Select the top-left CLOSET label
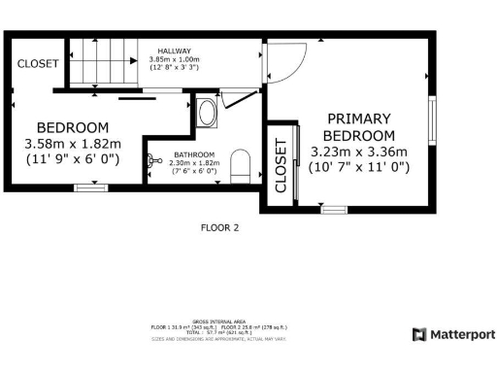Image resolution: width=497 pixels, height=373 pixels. pos(38,63)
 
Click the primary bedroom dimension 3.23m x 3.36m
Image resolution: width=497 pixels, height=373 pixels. pos(359,152)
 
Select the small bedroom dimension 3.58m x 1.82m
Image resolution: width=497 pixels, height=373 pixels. pos(73,144)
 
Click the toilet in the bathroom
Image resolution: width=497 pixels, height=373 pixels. pos(242,165)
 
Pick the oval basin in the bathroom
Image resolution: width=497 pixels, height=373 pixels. pos(206,113)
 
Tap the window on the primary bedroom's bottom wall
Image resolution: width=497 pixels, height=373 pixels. pos(334,208)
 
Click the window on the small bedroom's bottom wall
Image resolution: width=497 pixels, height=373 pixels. pos(90,186)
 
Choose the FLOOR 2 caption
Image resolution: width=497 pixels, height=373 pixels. pos(219,228)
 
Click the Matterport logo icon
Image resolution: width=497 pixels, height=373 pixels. pos(419,334)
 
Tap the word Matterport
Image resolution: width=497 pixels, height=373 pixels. pos(462,334)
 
